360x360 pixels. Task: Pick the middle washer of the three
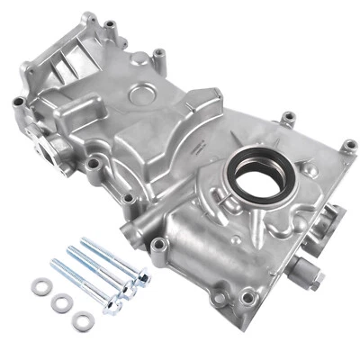pyautogui.click(x=61, y=301)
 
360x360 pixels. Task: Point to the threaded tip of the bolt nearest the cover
pyautogui.click(x=87, y=241)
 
